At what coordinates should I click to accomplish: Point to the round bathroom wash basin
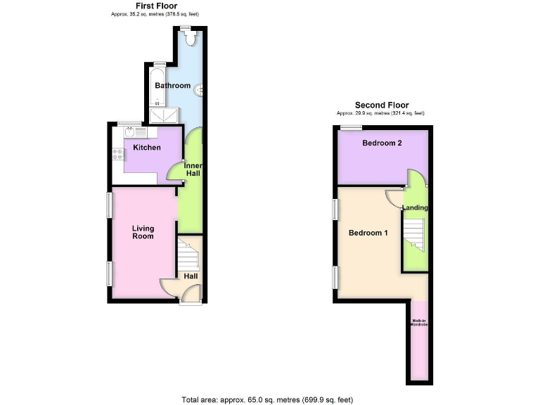201,89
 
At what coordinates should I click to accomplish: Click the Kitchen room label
147,148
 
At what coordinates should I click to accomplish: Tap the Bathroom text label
173,86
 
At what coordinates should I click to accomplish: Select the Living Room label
143,233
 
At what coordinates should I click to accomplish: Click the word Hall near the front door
191,276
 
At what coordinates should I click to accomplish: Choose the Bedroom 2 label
382,143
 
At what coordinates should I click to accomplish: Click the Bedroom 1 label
368,233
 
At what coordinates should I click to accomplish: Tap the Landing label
416,208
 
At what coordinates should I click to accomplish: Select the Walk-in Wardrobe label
418,323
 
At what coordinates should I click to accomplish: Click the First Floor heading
156,6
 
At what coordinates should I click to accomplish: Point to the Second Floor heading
381,105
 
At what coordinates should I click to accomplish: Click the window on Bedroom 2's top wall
351,127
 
